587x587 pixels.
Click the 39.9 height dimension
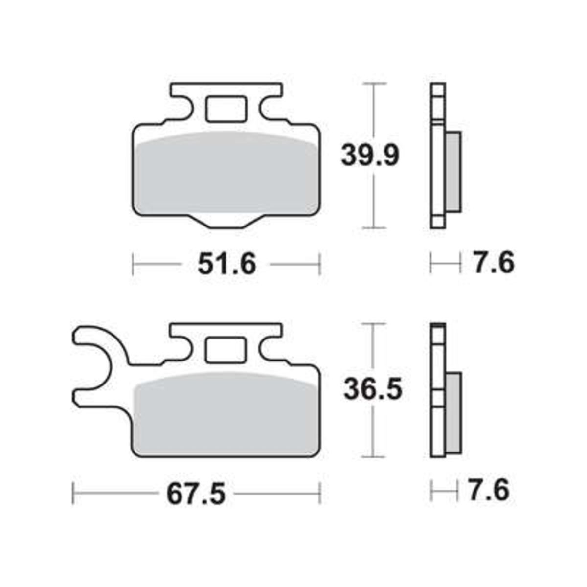click(x=369, y=156)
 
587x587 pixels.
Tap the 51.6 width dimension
click(x=227, y=264)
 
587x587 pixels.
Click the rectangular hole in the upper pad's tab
click(x=226, y=110)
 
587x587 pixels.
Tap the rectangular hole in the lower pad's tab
click(x=226, y=350)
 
